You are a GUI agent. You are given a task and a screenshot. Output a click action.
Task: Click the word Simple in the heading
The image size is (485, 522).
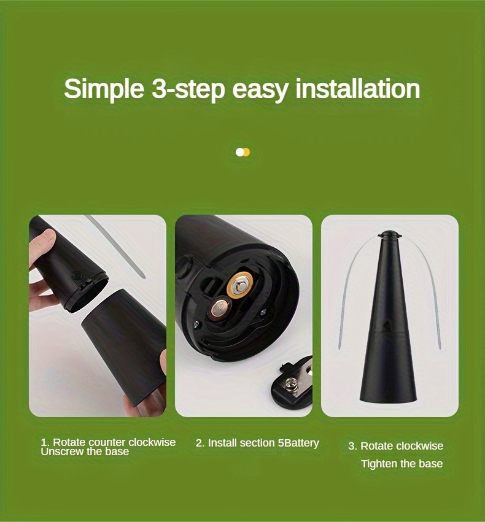point(104,89)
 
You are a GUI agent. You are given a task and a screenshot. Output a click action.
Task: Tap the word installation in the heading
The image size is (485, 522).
point(358,89)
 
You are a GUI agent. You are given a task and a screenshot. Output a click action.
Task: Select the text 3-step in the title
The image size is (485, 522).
point(188,89)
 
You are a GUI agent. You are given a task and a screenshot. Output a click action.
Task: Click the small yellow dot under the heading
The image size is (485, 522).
point(246,152)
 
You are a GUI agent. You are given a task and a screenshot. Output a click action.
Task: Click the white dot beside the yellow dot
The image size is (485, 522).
point(240,152)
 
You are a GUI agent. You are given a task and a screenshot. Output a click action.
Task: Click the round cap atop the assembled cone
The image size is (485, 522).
point(387,234)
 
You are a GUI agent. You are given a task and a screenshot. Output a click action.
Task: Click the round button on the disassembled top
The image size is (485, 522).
point(77,275)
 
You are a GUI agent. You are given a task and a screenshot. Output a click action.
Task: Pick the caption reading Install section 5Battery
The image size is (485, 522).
point(257,443)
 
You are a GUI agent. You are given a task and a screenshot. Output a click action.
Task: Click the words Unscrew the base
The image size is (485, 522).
point(85,451)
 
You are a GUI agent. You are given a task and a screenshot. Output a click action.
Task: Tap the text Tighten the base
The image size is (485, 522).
point(402,464)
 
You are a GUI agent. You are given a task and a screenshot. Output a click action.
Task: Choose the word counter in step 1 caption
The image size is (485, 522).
point(107,442)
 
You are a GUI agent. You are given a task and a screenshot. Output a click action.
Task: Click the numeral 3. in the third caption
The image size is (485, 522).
point(352,446)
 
